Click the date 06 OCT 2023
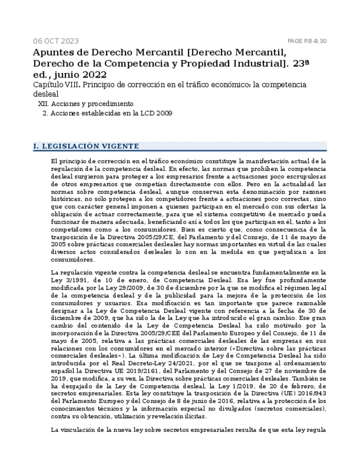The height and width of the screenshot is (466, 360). tap(56, 41)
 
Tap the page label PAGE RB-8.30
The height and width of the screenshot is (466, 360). tap(307, 41)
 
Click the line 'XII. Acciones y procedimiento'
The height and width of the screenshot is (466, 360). tap(86, 104)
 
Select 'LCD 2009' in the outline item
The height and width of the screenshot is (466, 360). tap(157, 114)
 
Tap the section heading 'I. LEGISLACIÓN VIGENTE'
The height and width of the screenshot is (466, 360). tap(86, 146)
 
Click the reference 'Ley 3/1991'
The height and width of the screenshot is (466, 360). tap(68, 280)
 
